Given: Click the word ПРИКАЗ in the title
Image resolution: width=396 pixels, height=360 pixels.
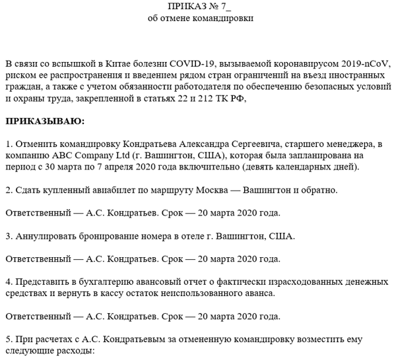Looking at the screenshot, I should click(x=184, y=6).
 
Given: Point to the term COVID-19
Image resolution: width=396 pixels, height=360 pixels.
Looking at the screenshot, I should click(x=195, y=63).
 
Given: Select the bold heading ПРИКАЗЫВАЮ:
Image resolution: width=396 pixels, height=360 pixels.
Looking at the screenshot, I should click(x=45, y=121).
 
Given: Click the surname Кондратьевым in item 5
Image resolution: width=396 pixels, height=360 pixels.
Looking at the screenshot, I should click(x=125, y=339).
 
